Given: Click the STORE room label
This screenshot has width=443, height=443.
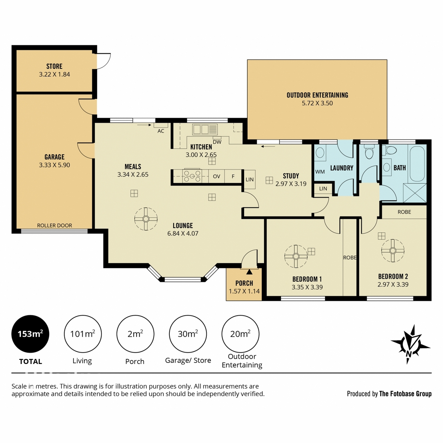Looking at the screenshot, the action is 54,66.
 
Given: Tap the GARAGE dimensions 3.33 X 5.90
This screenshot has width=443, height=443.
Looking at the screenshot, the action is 55,165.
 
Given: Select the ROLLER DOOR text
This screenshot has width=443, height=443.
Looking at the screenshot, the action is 55,226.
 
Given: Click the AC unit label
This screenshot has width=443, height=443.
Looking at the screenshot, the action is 161,131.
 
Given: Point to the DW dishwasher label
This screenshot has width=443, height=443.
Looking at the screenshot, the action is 217,142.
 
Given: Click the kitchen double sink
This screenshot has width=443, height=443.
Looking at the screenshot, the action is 205,130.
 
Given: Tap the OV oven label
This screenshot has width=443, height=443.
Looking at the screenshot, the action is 217,176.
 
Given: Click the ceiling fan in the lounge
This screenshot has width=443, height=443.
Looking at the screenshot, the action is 146,219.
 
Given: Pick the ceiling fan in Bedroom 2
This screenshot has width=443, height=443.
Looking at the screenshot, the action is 393,251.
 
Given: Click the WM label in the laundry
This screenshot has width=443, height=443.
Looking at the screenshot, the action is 320,172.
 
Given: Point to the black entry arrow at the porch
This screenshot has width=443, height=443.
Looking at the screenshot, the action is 250,272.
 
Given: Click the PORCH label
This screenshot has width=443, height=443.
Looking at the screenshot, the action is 244,283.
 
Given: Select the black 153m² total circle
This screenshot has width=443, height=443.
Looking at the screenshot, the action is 30,334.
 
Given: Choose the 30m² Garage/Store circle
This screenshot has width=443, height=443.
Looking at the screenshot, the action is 188,334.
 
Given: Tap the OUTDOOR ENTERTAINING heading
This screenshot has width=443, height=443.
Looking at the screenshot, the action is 317,95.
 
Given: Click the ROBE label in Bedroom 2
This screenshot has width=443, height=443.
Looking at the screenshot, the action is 404,212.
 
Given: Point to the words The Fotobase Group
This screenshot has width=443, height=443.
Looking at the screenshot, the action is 405,394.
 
